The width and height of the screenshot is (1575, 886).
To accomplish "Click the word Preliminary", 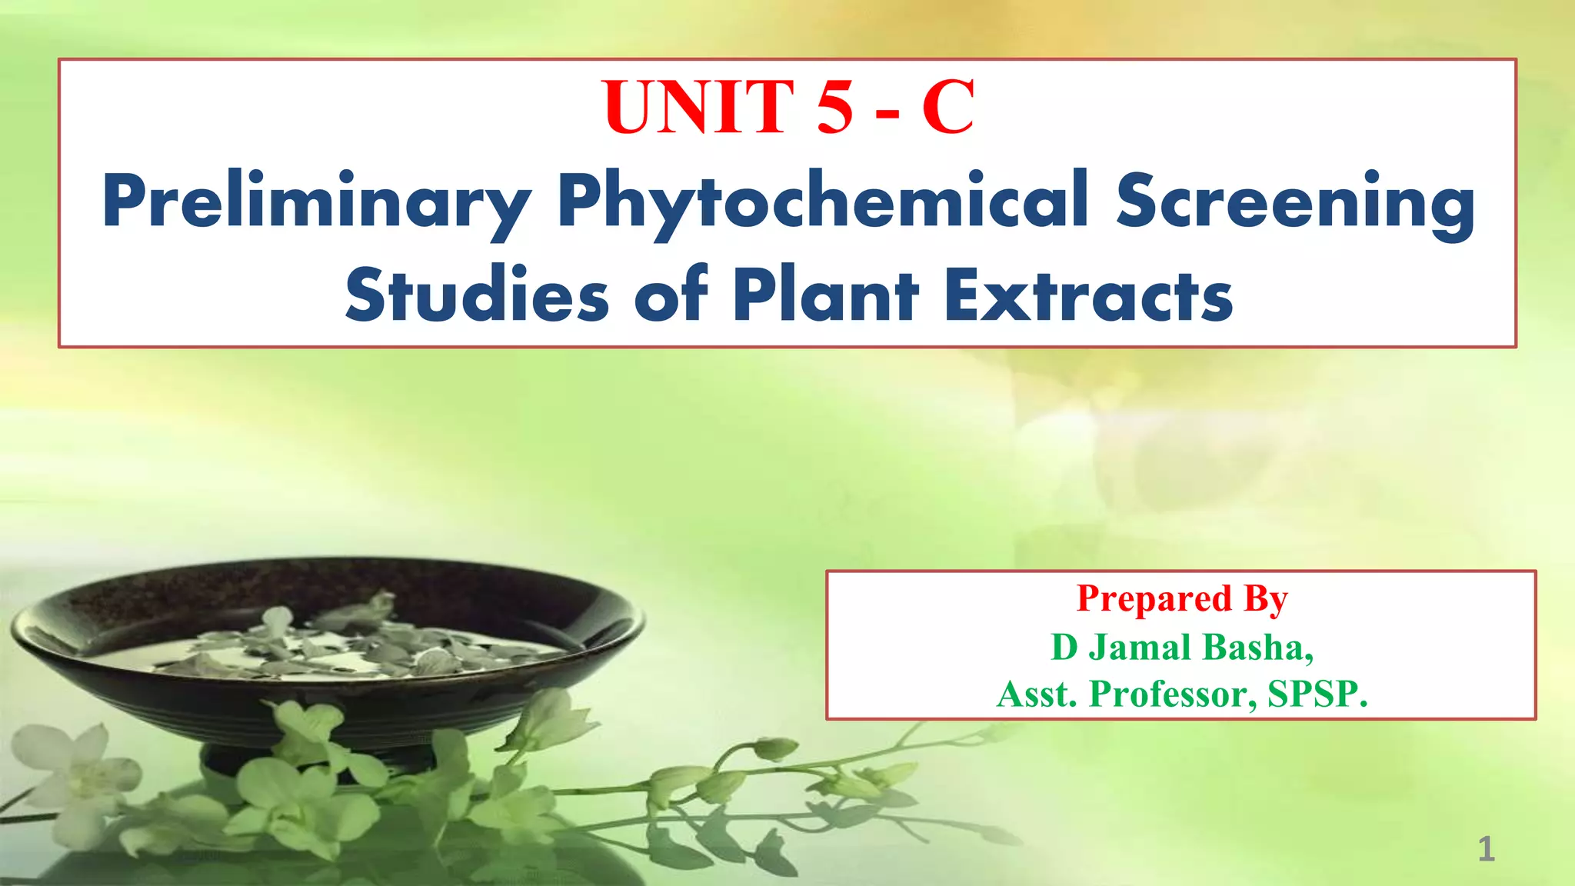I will pyautogui.click(x=316, y=202).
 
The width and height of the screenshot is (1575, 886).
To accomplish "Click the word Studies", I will pyautogui.click(x=477, y=296).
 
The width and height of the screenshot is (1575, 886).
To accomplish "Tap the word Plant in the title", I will pyautogui.click(x=825, y=296).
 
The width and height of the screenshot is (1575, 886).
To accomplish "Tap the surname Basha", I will pyautogui.click(x=1257, y=647).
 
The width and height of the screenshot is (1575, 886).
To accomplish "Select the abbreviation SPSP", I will pyautogui.click(x=1317, y=694).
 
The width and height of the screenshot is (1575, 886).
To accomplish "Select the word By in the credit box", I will pyautogui.click(x=1266, y=599).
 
